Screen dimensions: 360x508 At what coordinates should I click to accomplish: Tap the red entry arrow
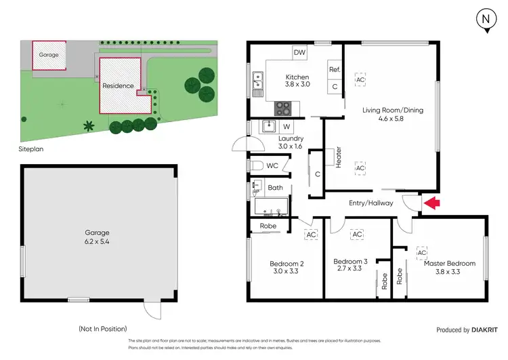click(x=431, y=202)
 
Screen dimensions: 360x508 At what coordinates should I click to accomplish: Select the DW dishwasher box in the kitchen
click(x=299, y=52)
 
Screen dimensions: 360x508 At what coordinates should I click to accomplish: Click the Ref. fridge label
click(x=334, y=70)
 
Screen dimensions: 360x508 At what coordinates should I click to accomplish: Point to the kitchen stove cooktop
click(x=282, y=108)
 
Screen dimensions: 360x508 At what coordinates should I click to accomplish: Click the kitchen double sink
click(x=257, y=81)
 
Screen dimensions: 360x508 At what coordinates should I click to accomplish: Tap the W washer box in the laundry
click(x=287, y=126)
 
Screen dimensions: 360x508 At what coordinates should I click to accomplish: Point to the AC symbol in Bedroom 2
click(x=311, y=235)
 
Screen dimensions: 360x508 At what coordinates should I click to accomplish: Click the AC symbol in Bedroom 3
click(x=356, y=235)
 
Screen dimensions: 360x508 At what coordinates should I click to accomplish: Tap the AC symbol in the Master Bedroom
click(x=421, y=252)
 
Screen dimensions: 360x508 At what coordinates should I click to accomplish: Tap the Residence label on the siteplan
click(x=116, y=86)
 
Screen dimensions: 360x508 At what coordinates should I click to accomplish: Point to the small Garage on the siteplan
click(x=49, y=54)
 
